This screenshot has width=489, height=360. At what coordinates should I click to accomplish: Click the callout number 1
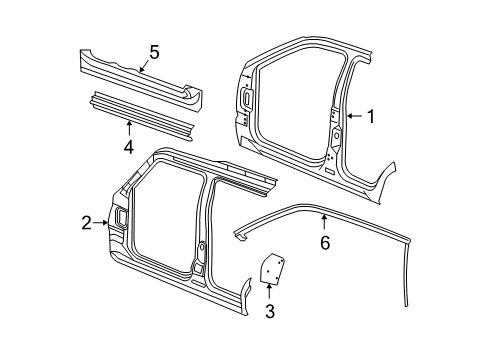pyautogui.click(x=370, y=117)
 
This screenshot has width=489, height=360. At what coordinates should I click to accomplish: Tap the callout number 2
pyautogui.click(x=87, y=222)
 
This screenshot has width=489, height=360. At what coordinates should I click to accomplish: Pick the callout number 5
pyautogui.click(x=154, y=52)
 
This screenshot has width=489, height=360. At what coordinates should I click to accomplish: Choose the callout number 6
pyautogui.click(x=324, y=243)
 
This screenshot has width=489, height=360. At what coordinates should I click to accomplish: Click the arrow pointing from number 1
pyautogui.click(x=353, y=117)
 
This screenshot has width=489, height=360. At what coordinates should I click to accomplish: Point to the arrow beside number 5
pyautogui.click(x=141, y=66)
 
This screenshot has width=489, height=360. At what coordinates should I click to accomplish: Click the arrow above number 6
pyautogui.click(x=324, y=222)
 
